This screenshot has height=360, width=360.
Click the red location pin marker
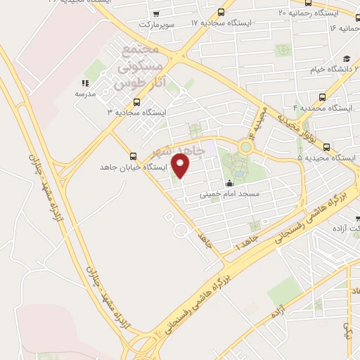pyautogui.click(x=181, y=165)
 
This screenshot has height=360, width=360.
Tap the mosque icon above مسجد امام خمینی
pyautogui.click(x=229, y=184)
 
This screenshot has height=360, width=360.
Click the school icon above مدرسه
pyautogui.click(x=84, y=83)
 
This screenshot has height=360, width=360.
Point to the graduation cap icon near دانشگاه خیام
pyautogui.click(x=347, y=59)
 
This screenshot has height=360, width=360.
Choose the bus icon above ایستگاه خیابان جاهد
pyautogui.click(x=133, y=156)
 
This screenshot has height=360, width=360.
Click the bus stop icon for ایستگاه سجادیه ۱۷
pyautogui.click(x=221, y=12)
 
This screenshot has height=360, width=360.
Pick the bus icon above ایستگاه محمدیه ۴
pyautogui.click(x=323, y=97)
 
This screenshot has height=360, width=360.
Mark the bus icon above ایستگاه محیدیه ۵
pyautogui.click(x=327, y=146)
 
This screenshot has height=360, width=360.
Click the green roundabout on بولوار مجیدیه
pyautogui.click(x=246, y=148)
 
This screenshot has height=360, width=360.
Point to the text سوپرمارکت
pyautogui.click(x=155, y=25)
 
